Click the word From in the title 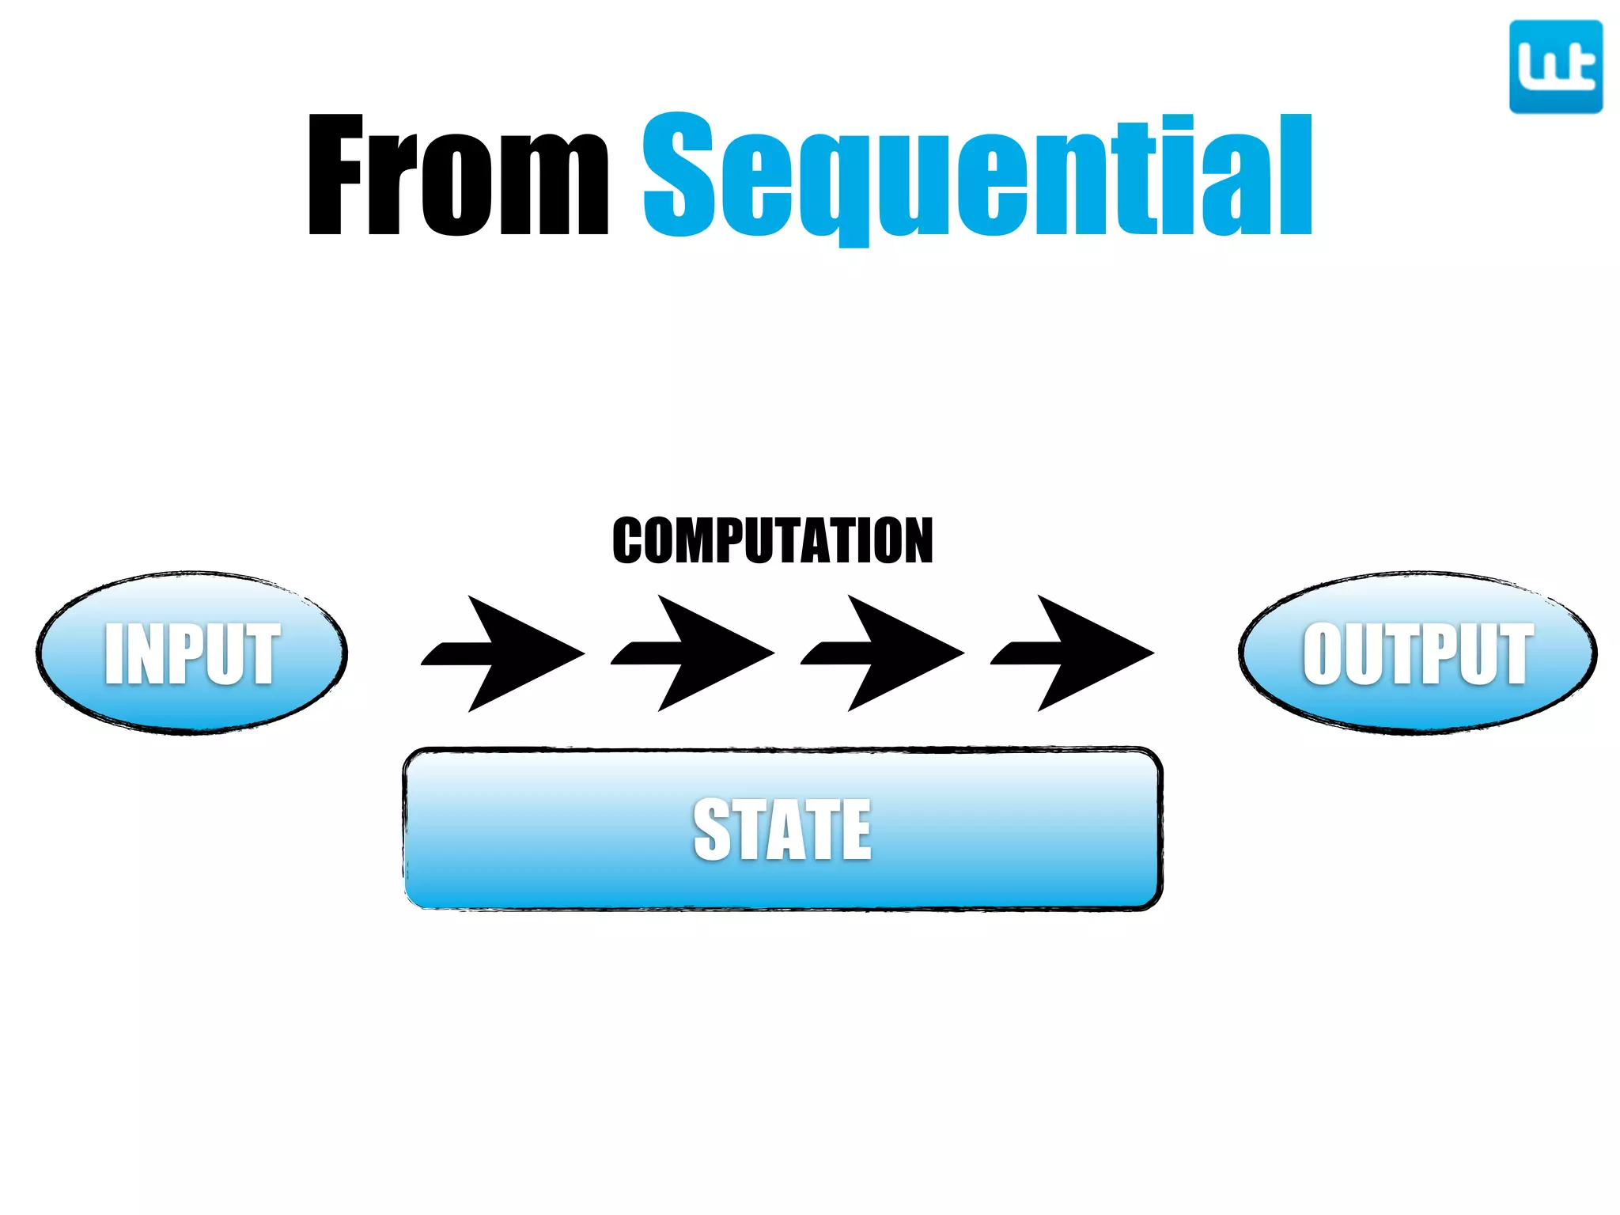point(457,176)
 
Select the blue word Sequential point(978,176)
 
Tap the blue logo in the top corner point(1555,67)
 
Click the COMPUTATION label point(773,541)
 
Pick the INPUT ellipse point(191,653)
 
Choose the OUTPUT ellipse point(1417,653)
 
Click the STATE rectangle point(782,829)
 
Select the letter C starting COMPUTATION point(630,541)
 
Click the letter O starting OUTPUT point(1323,653)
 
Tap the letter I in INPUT point(114,653)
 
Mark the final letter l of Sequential point(1300,176)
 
